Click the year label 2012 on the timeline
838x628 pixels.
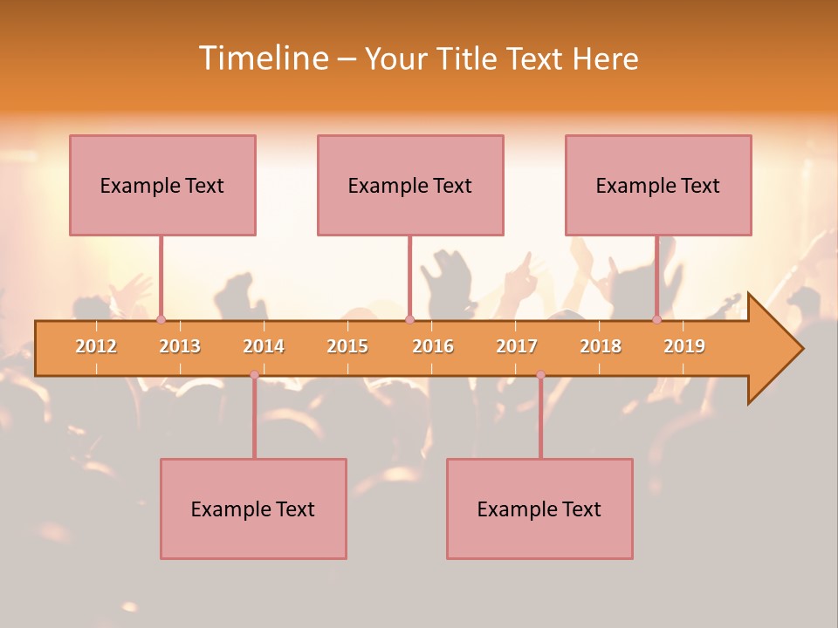click(96, 346)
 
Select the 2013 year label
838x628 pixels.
click(180, 346)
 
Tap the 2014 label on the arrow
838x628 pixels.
click(264, 346)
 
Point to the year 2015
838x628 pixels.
click(347, 346)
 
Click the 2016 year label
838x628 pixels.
click(433, 346)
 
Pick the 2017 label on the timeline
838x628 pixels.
click(517, 346)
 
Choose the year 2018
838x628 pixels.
click(601, 346)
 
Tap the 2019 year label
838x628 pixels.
click(684, 346)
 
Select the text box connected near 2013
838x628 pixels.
click(162, 185)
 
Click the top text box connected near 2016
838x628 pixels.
click(410, 185)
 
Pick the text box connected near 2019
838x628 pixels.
click(658, 185)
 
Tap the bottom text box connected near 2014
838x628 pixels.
click(253, 509)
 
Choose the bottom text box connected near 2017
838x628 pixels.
click(539, 509)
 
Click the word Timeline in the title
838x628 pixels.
click(263, 58)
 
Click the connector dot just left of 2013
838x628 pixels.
click(161, 320)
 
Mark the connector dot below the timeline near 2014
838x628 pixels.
click(254, 374)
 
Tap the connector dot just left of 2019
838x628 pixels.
click(656, 320)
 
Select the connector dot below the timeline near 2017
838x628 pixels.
click(540, 374)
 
